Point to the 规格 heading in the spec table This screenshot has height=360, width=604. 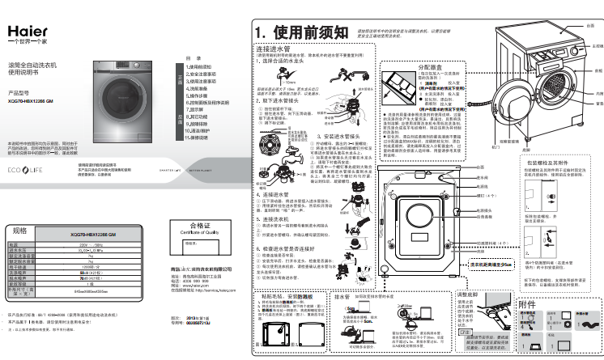point(19,231)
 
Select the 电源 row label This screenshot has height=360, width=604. point(13,244)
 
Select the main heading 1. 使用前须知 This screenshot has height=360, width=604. point(297,32)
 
